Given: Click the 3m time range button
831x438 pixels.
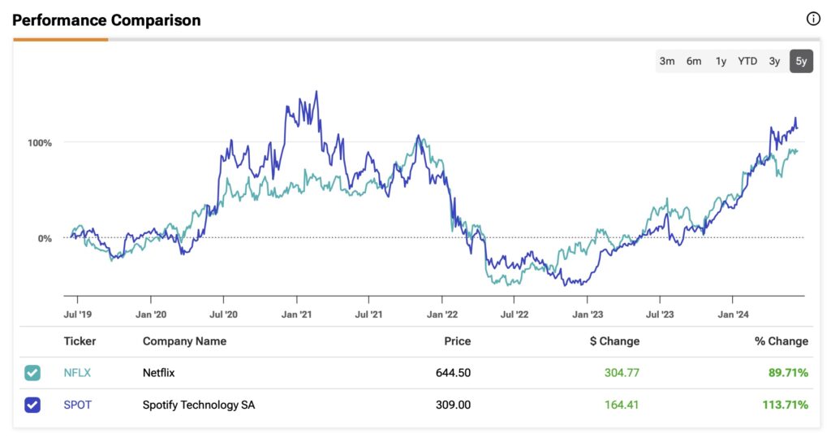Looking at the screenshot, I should (x=667, y=61).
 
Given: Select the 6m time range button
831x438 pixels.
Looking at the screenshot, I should (x=694, y=61).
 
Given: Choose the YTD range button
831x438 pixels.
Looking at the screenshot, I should (x=747, y=61).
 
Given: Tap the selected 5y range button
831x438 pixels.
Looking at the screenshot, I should (x=801, y=61).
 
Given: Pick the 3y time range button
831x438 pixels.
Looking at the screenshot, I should (x=775, y=61).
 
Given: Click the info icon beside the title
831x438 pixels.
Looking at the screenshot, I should (x=813, y=20).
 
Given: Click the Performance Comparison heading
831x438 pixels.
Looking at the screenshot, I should (x=106, y=20).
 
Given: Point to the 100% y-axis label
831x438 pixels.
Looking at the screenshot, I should (x=40, y=143).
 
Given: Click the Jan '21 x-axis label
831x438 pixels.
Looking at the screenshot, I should (x=298, y=314).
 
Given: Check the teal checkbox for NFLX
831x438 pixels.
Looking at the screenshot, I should (x=32, y=373).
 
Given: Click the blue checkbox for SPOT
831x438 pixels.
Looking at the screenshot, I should (x=32, y=405).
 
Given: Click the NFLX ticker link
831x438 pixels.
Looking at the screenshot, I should (x=78, y=373).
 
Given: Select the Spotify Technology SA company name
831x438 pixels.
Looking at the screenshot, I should (x=199, y=405).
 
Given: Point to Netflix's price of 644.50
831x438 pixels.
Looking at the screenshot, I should (x=453, y=373).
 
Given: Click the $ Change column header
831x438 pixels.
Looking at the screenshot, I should (x=614, y=341).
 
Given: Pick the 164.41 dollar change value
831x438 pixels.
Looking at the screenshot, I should (x=622, y=405).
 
